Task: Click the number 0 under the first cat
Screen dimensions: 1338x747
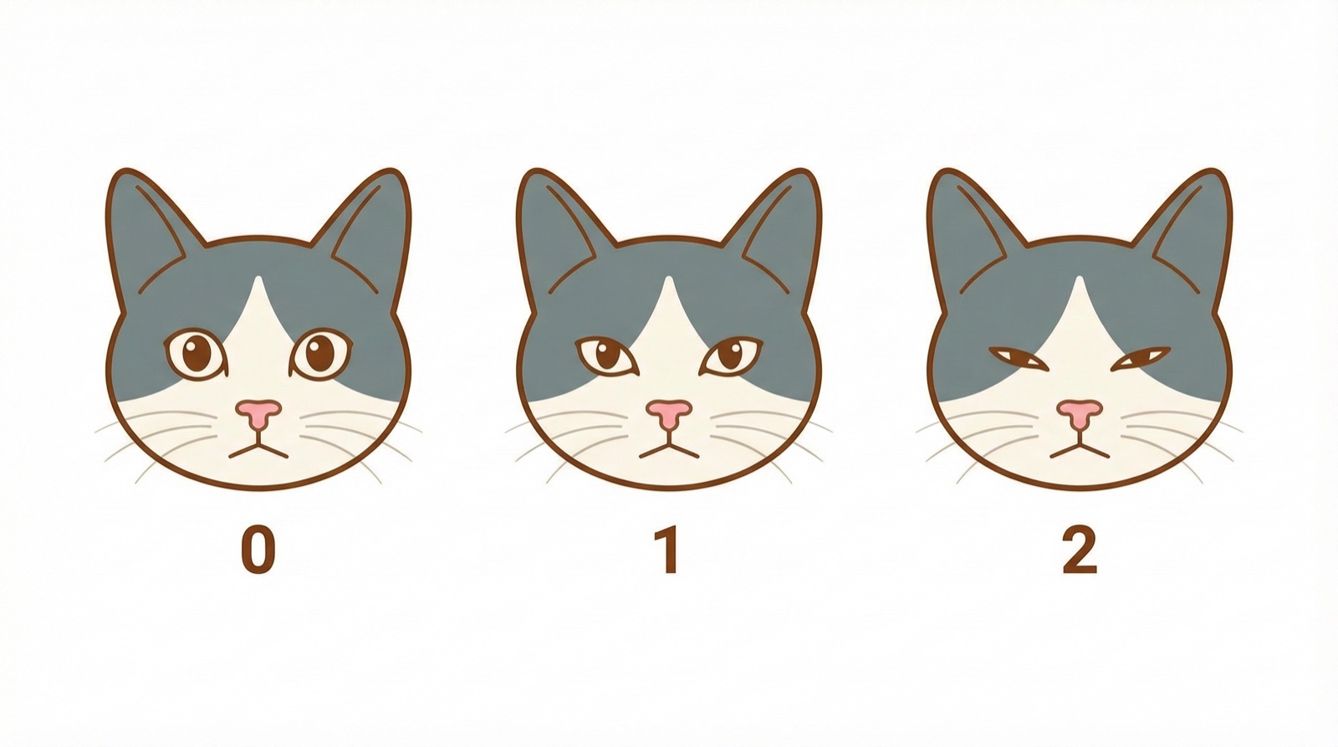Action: point(258,550)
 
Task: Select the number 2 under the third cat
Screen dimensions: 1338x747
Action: point(1080,550)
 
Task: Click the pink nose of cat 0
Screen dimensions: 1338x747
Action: point(258,413)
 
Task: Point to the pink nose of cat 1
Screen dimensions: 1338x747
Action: point(669,413)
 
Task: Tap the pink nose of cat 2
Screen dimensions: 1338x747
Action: point(1080,413)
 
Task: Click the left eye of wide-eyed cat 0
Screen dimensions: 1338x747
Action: point(196,355)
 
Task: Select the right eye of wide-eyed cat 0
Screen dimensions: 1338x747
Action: point(321,354)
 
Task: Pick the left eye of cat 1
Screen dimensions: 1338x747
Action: point(607,356)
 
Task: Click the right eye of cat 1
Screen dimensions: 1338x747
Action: point(732,356)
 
